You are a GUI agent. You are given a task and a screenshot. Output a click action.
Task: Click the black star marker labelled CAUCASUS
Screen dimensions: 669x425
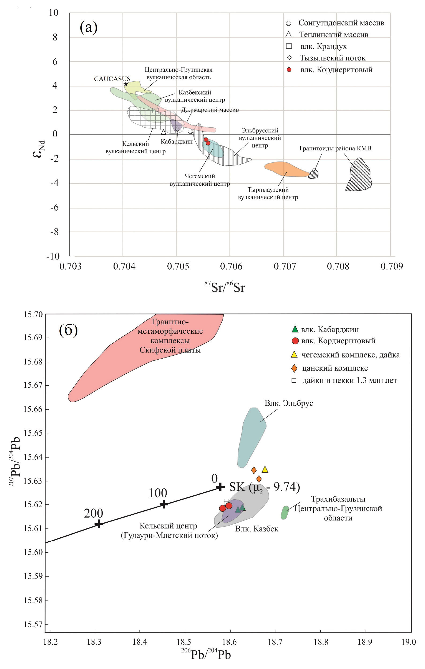click(x=126, y=84)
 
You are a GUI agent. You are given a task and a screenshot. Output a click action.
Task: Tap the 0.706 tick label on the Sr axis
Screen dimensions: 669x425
click(x=231, y=267)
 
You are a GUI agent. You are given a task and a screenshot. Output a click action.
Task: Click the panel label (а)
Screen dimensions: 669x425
click(x=88, y=27)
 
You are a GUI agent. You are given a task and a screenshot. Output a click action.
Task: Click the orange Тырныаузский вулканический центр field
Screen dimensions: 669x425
click(x=285, y=169)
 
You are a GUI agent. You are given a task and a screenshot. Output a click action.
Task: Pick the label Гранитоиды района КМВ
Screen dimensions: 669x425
click(x=335, y=148)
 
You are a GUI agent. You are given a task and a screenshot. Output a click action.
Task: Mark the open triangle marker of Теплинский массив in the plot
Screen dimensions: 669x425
click(x=163, y=132)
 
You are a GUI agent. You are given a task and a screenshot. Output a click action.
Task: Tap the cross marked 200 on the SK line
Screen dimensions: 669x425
click(x=99, y=524)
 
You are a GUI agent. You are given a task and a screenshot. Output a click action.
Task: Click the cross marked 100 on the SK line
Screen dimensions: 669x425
click(x=164, y=504)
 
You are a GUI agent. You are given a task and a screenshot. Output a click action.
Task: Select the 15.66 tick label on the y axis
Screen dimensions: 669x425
click(x=33, y=409)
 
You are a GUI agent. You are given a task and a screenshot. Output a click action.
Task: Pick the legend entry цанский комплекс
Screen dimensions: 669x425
click(x=335, y=368)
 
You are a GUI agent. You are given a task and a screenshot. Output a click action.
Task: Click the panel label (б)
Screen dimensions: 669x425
click(x=68, y=330)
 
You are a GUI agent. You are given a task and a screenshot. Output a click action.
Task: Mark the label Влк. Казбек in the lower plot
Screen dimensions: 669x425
click(x=256, y=529)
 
